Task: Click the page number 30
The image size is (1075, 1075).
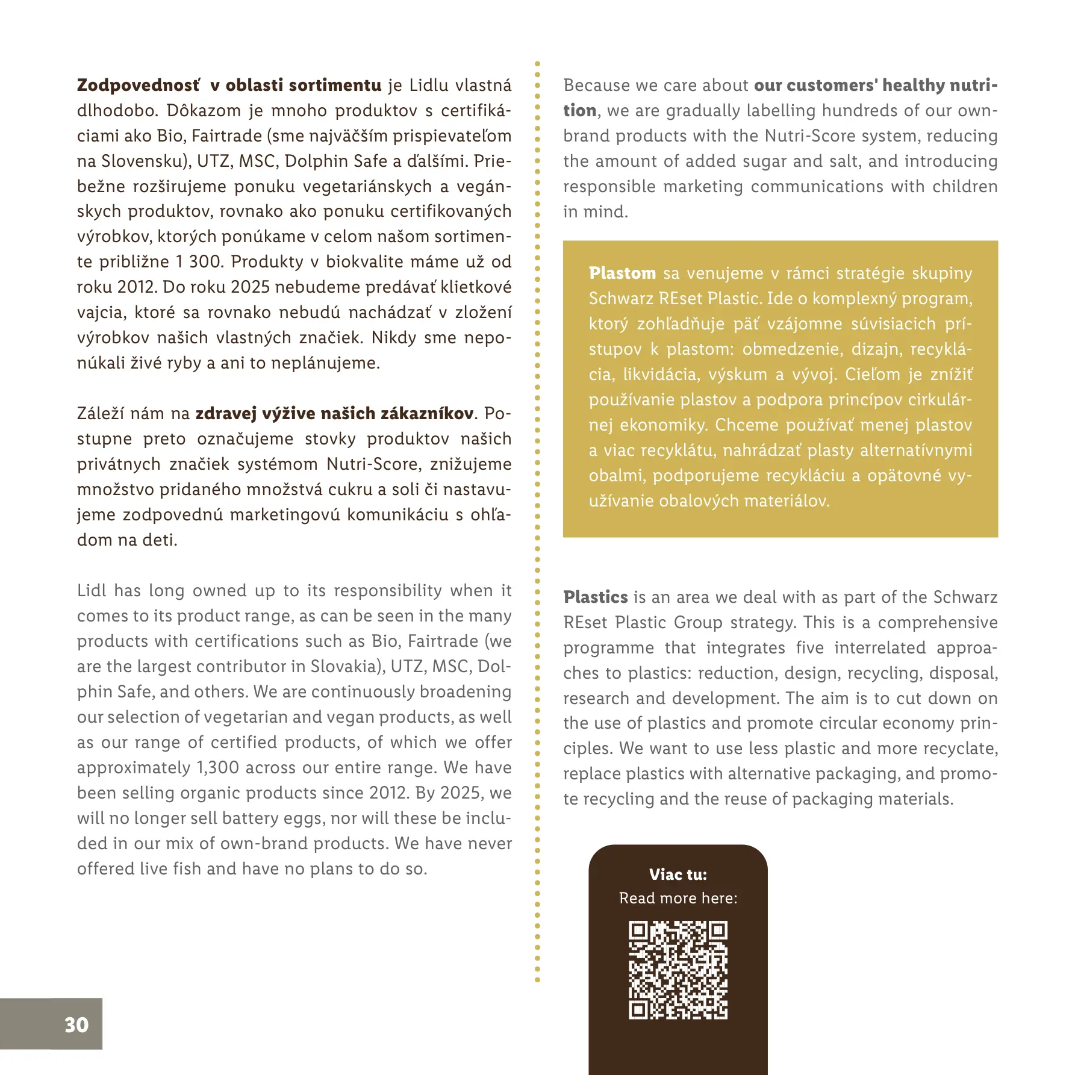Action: (x=76, y=1024)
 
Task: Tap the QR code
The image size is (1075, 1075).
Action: (x=678, y=970)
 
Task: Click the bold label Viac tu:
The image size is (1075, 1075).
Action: (x=678, y=874)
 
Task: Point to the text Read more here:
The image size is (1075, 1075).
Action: (x=678, y=898)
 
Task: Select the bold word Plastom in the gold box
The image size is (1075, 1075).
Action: (x=622, y=273)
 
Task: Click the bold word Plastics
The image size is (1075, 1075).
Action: (x=596, y=597)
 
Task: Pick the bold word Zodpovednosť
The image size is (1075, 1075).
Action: (x=138, y=85)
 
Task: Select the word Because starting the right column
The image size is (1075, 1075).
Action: (x=596, y=85)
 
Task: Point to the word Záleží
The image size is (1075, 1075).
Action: (x=101, y=413)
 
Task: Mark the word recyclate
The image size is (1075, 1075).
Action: (x=959, y=748)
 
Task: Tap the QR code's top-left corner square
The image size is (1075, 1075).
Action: (x=638, y=931)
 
